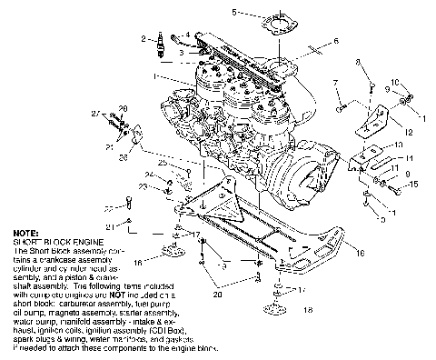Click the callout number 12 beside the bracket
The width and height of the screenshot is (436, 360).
(410, 132)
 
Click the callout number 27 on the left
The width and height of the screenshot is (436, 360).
(94, 114)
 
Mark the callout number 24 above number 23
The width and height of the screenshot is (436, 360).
(148, 175)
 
